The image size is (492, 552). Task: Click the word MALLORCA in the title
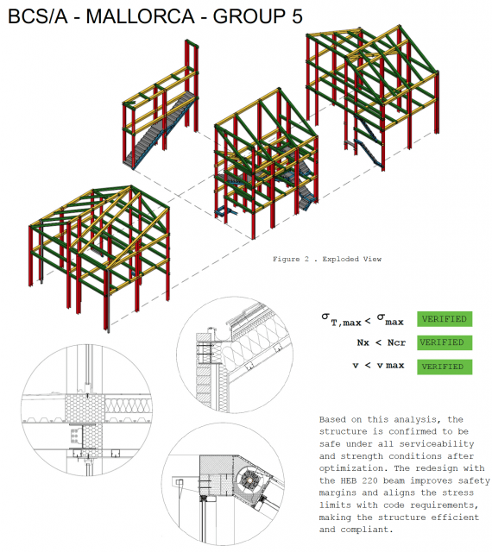(140, 16)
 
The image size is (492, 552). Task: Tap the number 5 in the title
(297, 16)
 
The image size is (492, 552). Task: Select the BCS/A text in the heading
(37, 16)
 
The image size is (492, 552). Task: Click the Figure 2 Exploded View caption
(327, 259)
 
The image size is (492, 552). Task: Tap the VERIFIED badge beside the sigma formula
(445, 319)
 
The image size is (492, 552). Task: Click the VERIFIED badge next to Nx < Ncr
(445, 342)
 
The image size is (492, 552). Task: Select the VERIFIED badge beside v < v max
(445, 367)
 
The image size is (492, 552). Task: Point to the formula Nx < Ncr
(381, 342)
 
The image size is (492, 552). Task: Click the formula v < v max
(378, 366)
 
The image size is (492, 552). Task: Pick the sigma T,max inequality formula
(363, 320)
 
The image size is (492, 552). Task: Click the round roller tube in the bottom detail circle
(249, 480)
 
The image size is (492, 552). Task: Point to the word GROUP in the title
(249, 16)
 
